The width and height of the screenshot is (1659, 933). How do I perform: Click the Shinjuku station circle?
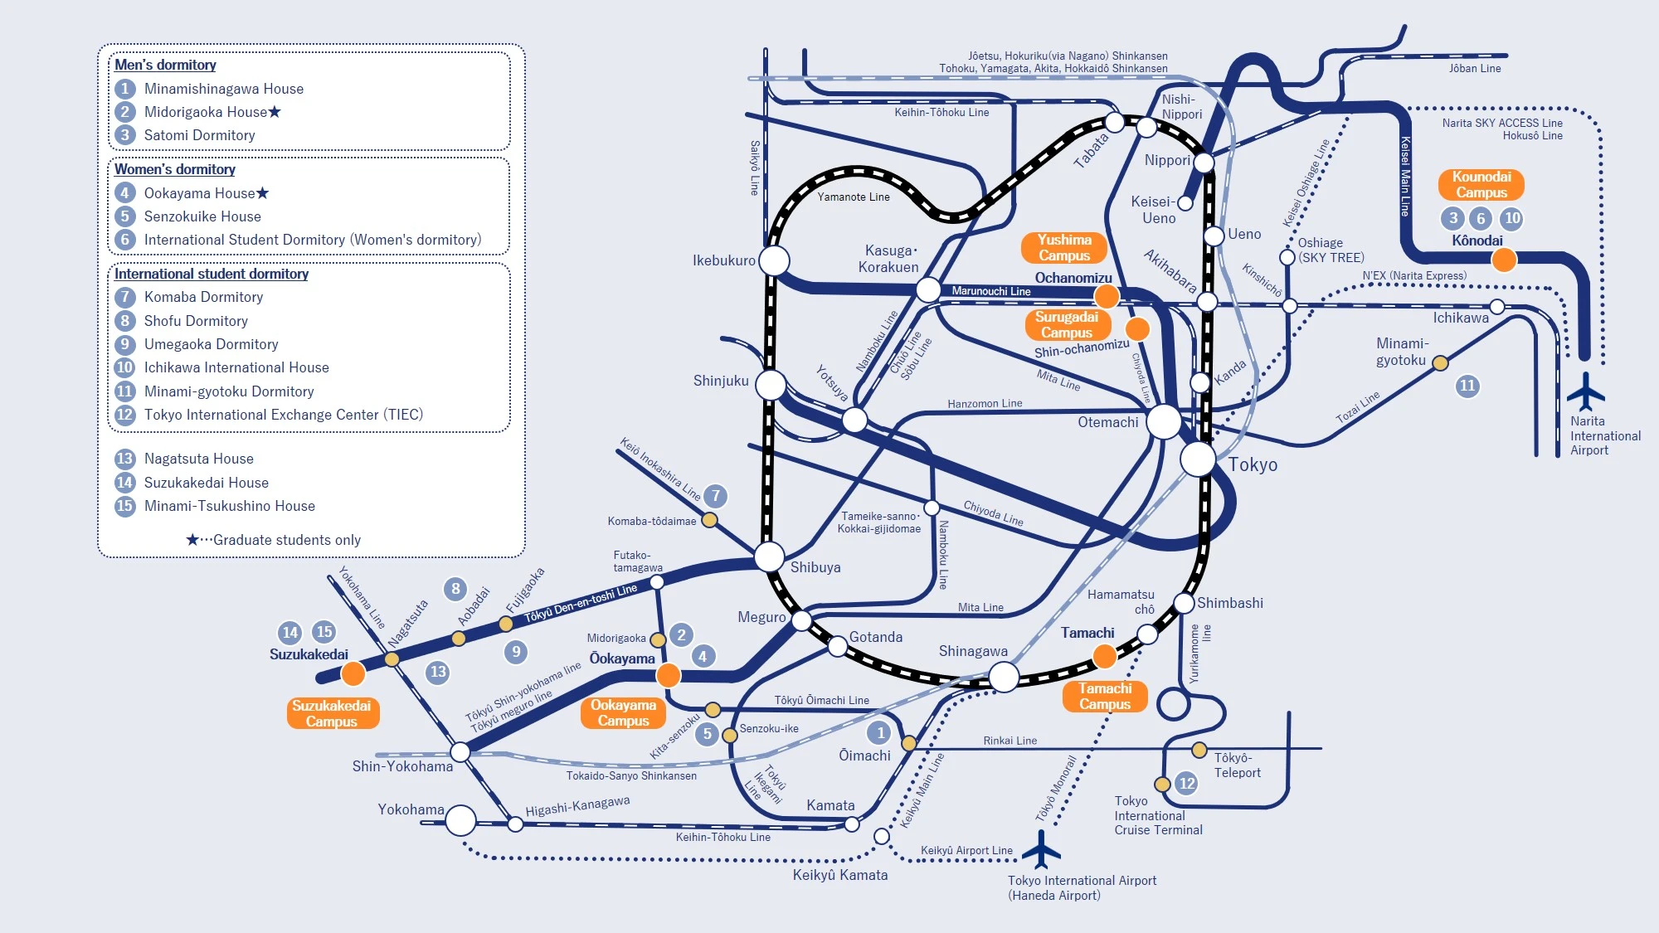pyautogui.click(x=771, y=385)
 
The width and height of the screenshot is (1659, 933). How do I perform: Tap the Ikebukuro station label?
pyautogui.click(x=723, y=260)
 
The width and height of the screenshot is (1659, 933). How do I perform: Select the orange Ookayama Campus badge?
pyautogui.click(x=623, y=713)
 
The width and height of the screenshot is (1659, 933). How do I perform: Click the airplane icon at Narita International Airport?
pyautogui.click(x=1586, y=391)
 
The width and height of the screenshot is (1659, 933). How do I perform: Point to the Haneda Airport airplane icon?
pyautogui.click(x=1041, y=849)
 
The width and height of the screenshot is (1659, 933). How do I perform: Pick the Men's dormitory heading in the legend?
pyautogui.click(x=165, y=65)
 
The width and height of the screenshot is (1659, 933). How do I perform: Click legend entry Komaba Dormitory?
pyautogui.click(x=203, y=297)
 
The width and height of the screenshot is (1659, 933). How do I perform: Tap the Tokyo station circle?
pyautogui.click(x=1198, y=459)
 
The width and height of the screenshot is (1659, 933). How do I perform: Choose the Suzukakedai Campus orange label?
pyautogui.click(x=332, y=713)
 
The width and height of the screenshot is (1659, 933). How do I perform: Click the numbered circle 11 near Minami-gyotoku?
pyautogui.click(x=1467, y=386)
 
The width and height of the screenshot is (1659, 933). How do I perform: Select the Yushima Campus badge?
pyautogui.click(x=1064, y=247)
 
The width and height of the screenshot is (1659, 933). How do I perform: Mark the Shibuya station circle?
pyautogui.click(x=769, y=556)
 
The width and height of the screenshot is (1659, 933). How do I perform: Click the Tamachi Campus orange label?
pyautogui.click(x=1105, y=696)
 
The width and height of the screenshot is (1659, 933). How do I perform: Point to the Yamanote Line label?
pyautogui.click(x=853, y=197)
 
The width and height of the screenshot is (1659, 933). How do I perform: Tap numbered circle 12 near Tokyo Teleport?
pyautogui.click(x=1187, y=783)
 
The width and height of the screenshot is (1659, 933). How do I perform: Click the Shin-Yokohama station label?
pyautogui.click(x=402, y=766)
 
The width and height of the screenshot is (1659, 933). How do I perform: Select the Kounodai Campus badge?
pyautogui.click(x=1481, y=184)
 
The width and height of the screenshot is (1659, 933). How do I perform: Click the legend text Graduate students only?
pyautogui.click(x=286, y=540)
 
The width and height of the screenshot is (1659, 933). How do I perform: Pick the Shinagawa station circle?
pyautogui.click(x=1004, y=677)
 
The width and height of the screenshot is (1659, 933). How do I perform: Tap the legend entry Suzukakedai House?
pyautogui.click(x=206, y=483)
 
